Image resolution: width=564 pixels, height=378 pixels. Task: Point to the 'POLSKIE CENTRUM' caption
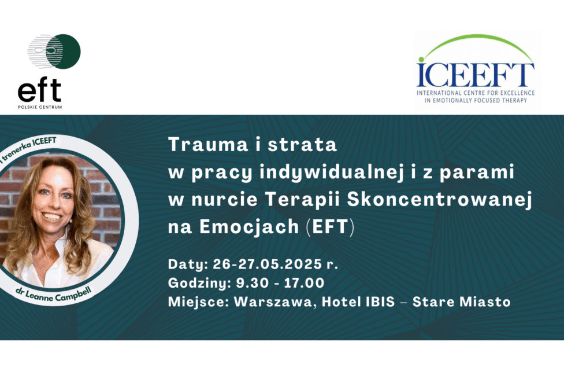(40, 107)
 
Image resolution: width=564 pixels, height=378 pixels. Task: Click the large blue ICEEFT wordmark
(476, 75)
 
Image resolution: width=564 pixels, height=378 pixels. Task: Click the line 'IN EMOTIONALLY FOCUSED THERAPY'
(476, 101)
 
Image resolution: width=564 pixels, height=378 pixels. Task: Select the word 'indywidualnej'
(331, 172)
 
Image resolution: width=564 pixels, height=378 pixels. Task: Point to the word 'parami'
(477, 173)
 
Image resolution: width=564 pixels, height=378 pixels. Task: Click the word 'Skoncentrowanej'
(440, 199)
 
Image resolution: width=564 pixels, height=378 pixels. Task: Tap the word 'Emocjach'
(249, 227)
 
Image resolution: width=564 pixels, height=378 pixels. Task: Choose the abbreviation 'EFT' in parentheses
(331, 227)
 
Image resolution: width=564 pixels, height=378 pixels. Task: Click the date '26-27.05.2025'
(267, 264)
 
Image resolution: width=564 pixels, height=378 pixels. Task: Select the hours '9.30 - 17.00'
(280, 282)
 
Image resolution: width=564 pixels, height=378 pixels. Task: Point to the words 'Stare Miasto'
(462, 302)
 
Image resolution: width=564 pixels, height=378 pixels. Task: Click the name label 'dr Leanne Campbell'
(54, 294)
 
